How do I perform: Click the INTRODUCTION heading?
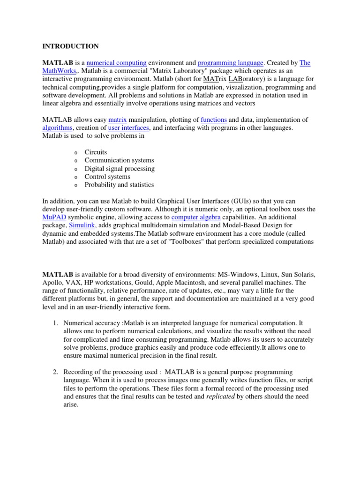coord(71,46)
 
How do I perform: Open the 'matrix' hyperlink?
coord(118,120)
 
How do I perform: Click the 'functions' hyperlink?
coord(213,120)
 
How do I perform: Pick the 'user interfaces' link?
coord(128,127)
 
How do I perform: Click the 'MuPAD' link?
coord(54,217)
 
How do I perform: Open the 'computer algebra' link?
coord(196,217)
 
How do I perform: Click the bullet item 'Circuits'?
coord(96,152)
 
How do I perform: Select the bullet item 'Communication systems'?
coord(119,160)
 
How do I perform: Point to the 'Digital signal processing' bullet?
coord(120,168)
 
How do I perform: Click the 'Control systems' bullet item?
coord(107,177)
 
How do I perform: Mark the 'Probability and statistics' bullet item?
coord(119,185)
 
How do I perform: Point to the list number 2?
coord(55,372)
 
